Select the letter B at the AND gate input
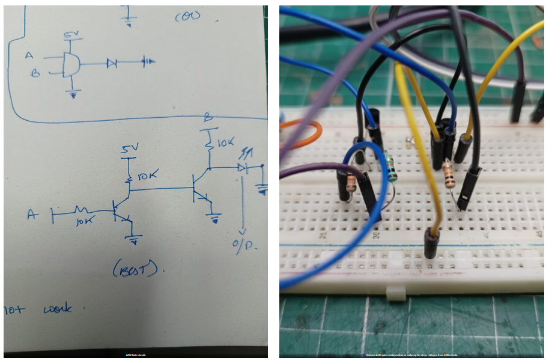[35, 73]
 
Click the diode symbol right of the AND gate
[111, 62]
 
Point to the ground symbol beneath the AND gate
[73, 94]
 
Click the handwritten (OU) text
[187, 17]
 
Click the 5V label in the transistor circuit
[128, 148]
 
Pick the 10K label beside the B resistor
[226, 143]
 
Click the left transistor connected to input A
[121, 210]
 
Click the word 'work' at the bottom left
[57, 309]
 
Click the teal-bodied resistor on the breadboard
[392, 169]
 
